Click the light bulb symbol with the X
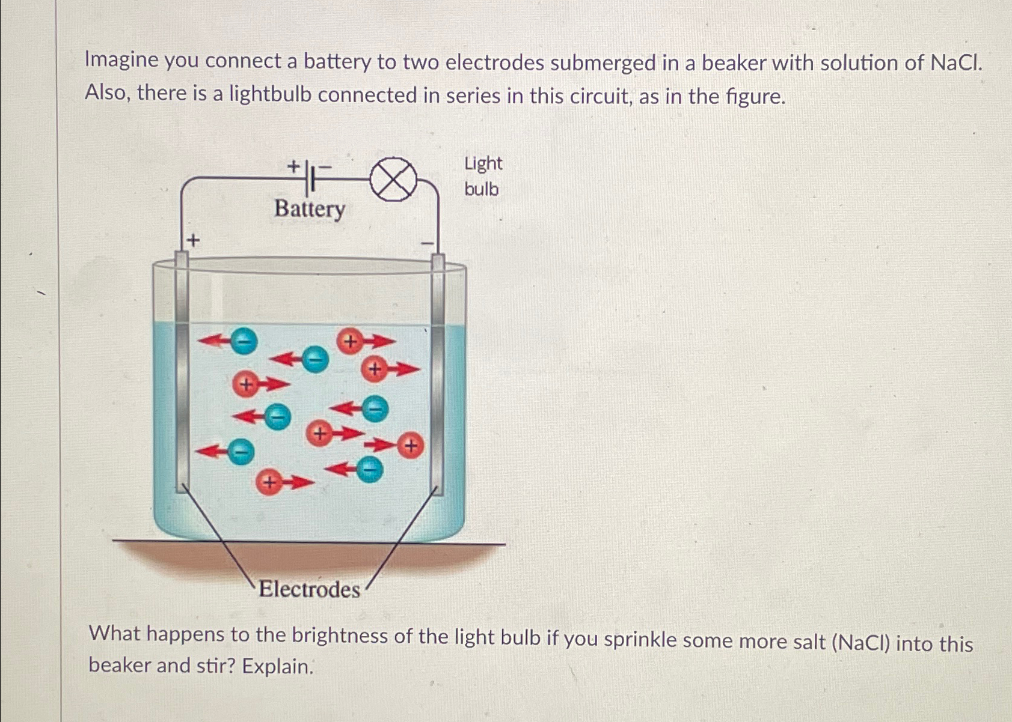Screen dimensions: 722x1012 pos(393,180)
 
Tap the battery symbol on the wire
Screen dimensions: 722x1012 pos(310,178)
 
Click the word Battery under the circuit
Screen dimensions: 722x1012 pos(310,209)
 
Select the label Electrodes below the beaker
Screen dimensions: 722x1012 pos(309,589)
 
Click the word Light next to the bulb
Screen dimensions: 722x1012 pos(483,163)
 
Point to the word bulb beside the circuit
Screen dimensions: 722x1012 pos(481,189)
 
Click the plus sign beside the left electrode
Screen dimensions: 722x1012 pos(193,241)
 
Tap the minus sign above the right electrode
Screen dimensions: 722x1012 pos(428,243)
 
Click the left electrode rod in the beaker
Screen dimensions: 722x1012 pos(182,372)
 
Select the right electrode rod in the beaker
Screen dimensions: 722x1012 pos(438,372)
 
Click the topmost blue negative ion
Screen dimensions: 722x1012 pos(244,341)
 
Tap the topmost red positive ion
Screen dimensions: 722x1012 pos(350,342)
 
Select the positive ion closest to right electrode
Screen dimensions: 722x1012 pos(411,446)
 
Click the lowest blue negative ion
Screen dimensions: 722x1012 pos(369,469)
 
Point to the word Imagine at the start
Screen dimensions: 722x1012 pos(121,60)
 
